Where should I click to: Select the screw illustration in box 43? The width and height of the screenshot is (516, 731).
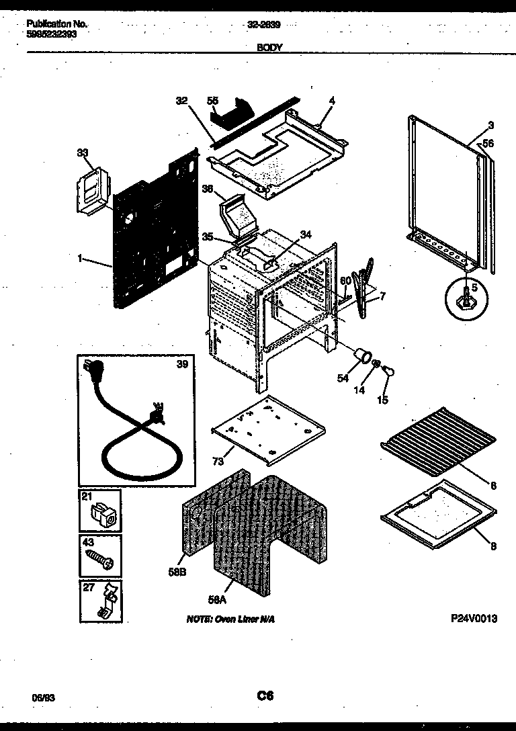[x=101, y=558]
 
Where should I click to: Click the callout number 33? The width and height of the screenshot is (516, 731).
[x=83, y=153]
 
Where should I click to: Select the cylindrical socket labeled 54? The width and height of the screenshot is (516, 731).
[x=363, y=355]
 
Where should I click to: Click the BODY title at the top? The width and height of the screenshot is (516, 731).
[x=269, y=48]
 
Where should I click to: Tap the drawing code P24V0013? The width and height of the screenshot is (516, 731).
[x=474, y=619]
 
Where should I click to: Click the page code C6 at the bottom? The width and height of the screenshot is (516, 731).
[x=265, y=696]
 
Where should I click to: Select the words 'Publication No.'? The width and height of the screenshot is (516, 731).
[x=57, y=24]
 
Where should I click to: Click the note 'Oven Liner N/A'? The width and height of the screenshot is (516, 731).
[x=230, y=619]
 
